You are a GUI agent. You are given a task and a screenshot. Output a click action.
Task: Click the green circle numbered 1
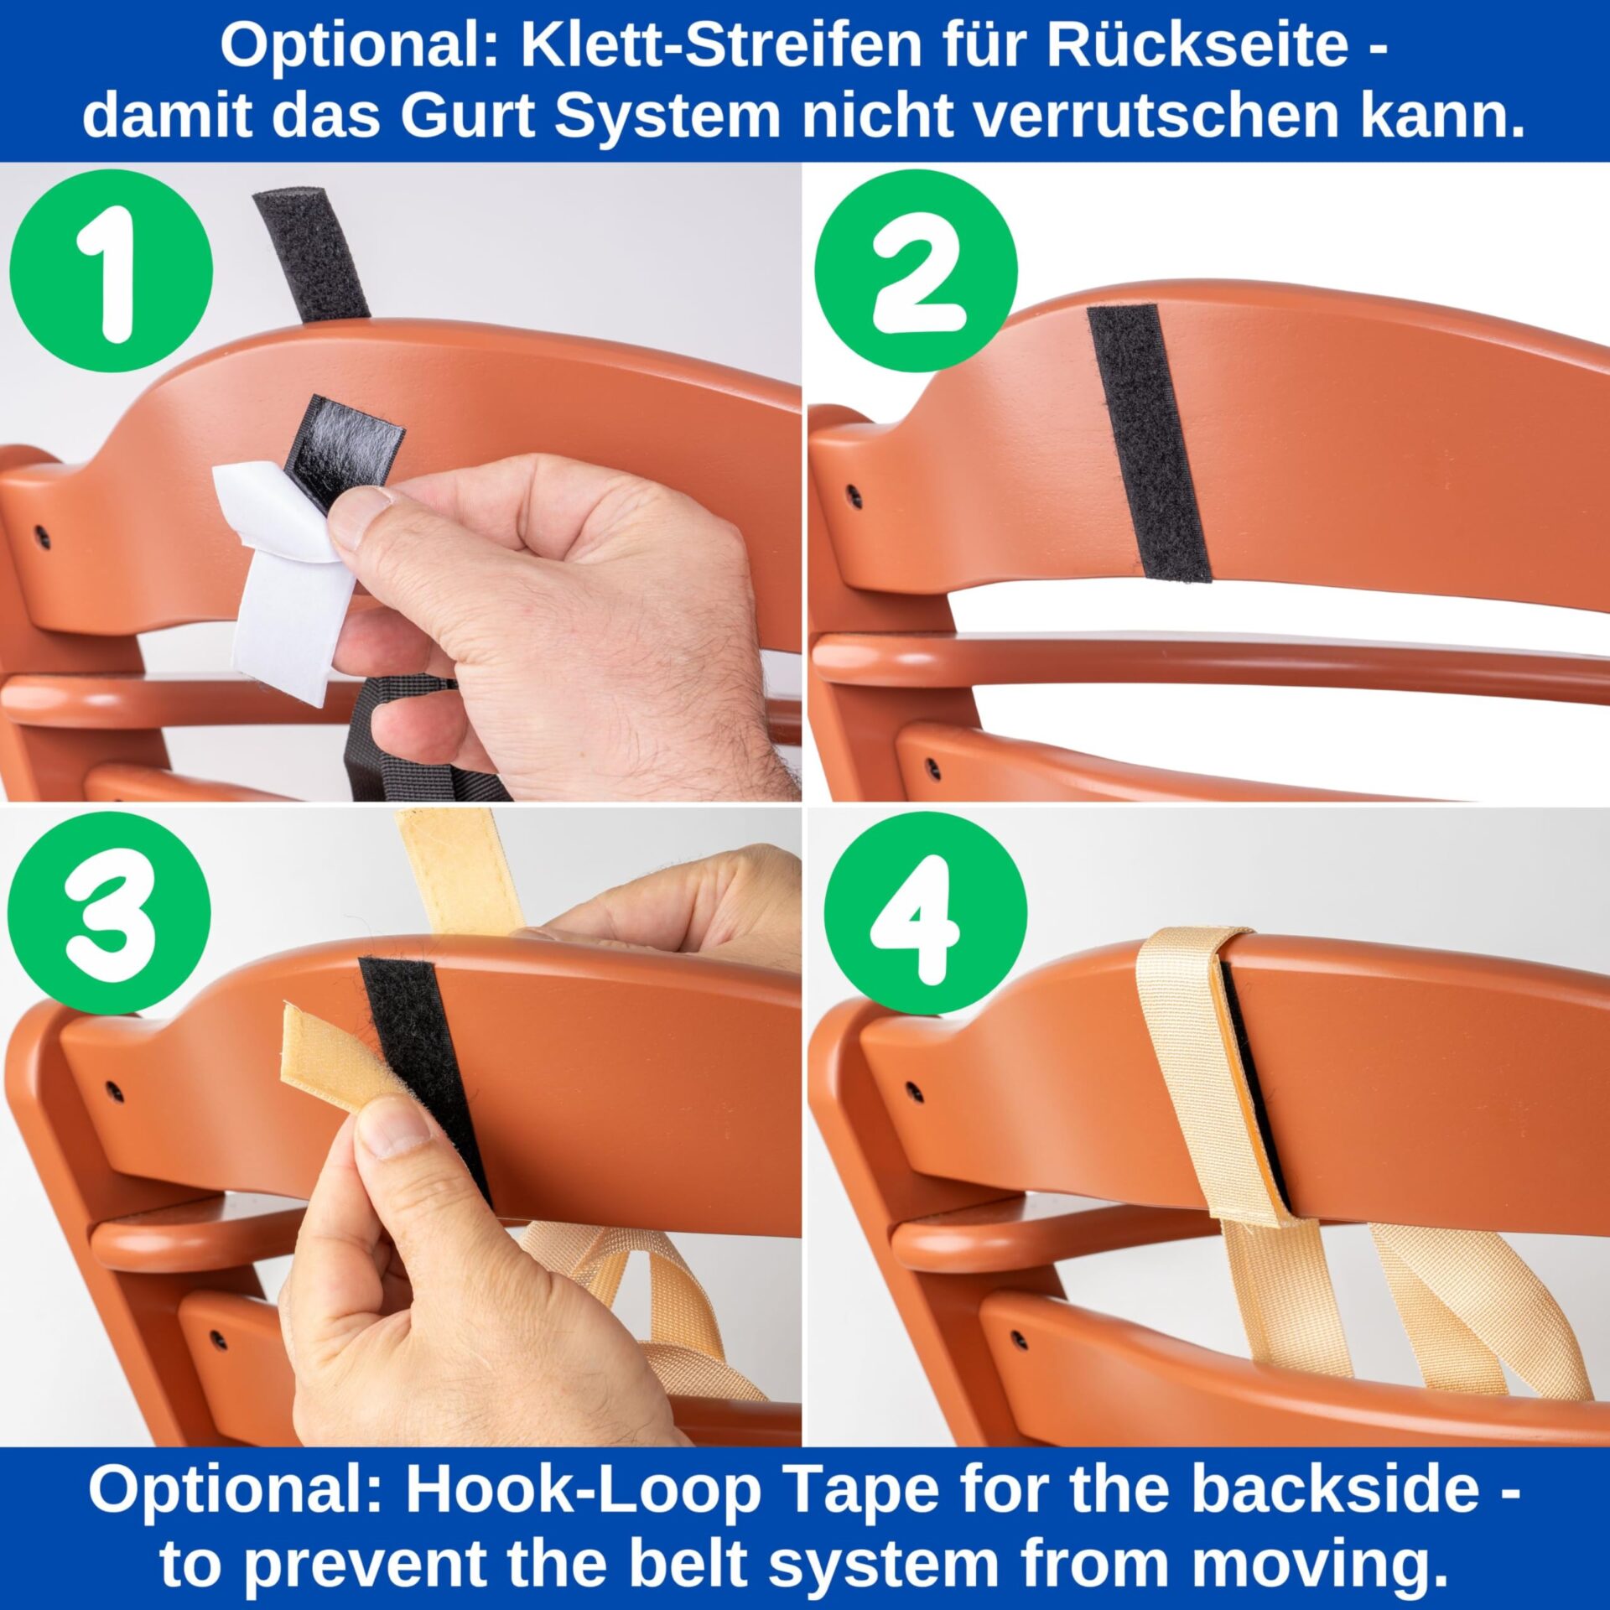point(112,271)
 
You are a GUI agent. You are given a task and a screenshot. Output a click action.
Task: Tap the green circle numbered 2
point(916,271)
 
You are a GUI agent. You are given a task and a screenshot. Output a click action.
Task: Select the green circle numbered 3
point(109,913)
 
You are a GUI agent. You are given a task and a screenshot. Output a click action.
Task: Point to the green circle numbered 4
point(926,913)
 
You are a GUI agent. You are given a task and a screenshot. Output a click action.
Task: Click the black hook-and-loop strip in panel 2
point(1149,443)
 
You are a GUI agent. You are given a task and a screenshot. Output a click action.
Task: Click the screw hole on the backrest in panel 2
point(854,496)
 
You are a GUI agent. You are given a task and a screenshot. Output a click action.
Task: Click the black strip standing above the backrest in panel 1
point(312,255)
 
